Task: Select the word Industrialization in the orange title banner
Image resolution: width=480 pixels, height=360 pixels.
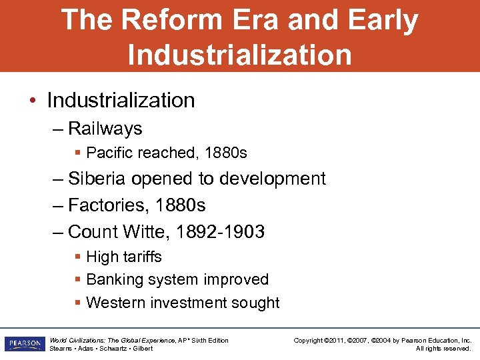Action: (239, 54)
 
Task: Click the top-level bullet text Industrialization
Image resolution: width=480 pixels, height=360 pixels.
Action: (121, 100)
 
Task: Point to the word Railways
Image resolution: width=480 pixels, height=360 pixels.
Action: (105, 128)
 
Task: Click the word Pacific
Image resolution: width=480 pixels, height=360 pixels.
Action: (109, 153)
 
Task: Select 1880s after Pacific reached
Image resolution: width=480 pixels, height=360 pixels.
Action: (225, 153)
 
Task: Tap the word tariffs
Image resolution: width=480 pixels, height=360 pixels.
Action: (141, 257)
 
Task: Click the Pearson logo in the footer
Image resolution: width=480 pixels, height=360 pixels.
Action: (24, 344)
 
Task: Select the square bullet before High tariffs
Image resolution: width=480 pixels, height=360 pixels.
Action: (79, 257)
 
